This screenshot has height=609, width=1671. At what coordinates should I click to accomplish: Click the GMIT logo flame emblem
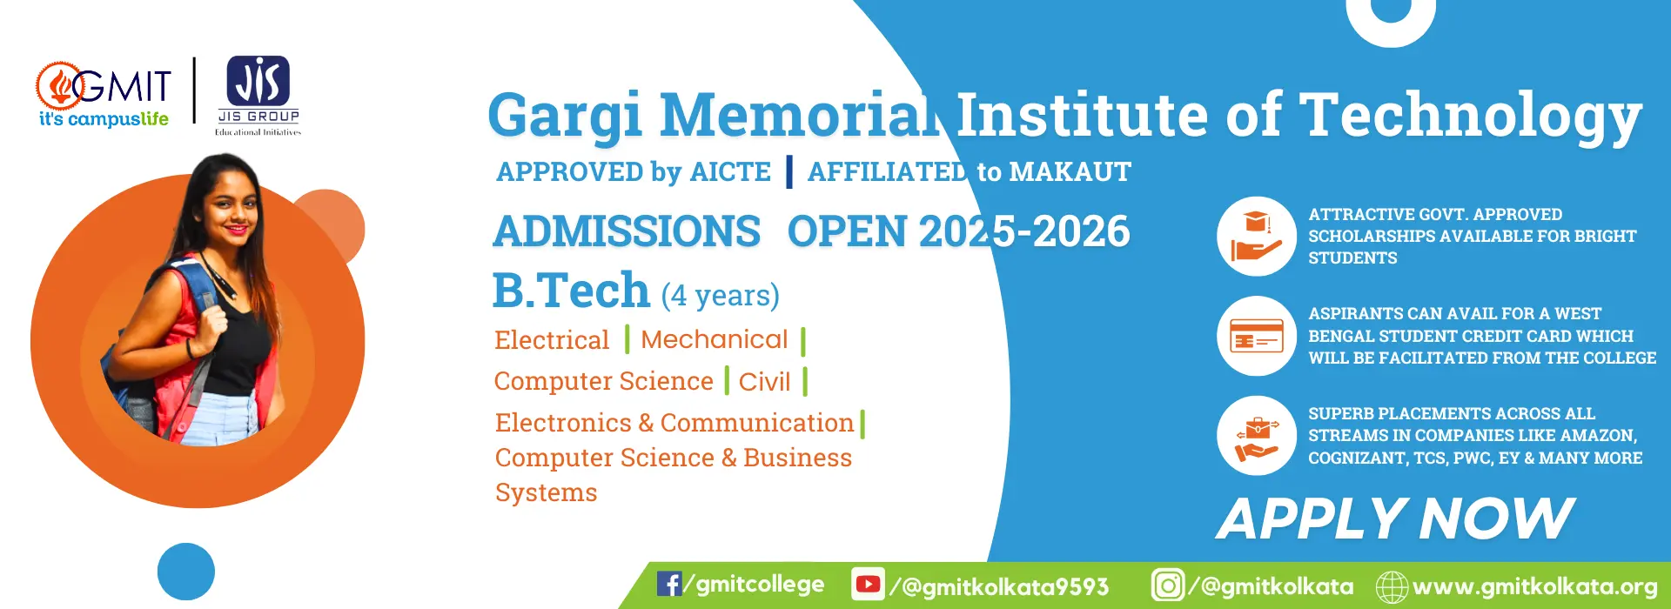tap(59, 86)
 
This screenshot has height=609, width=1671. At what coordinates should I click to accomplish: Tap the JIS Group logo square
tap(258, 81)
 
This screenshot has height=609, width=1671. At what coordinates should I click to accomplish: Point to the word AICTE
tap(730, 171)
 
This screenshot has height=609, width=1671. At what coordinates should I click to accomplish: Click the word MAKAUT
tap(1070, 171)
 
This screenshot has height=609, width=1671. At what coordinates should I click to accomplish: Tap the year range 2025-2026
tap(1024, 231)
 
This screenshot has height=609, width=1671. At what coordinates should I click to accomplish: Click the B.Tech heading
tap(571, 290)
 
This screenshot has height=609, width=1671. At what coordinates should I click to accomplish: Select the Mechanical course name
tap(715, 339)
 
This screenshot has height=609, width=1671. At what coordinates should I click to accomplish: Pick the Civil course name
tap(765, 381)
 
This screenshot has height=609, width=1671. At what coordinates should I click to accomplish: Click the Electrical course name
tap(552, 339)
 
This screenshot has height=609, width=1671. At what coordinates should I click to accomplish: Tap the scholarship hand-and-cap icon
tap(1257, 237)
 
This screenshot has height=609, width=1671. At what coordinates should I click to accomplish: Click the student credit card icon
tap(1257, 336)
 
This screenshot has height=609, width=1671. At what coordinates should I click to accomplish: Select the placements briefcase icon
tap(1257, 436)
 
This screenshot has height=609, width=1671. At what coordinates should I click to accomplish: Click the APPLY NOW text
tap(1395, 519)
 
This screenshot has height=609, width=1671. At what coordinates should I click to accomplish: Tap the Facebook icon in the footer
tap(669, 584)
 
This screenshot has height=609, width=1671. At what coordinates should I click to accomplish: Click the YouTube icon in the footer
tap(868, 584)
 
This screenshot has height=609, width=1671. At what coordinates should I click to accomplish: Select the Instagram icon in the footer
tap(1168, 585)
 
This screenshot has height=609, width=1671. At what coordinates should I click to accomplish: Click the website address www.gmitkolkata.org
tap(1534, 586)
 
